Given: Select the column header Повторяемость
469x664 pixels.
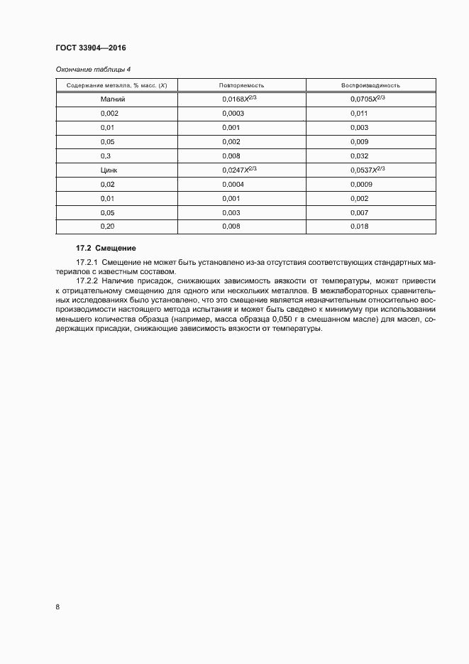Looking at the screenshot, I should tap(242, 85).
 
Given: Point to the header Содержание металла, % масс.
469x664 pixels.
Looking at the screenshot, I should tap(116, 85).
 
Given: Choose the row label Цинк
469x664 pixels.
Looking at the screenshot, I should tap(110, 170).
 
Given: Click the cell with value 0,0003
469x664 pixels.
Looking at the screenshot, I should tap(233, 114).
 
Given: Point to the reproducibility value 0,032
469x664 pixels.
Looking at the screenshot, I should tap(359, 156).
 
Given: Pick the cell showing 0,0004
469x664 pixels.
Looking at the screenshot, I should tap(233, 184).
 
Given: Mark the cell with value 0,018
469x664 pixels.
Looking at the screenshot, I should tap(359, 226).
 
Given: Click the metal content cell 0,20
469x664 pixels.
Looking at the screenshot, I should tap(108, 226).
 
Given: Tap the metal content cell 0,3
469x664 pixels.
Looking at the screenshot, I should tap(106, 156).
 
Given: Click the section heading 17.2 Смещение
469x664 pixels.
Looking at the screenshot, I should tap(106, 248).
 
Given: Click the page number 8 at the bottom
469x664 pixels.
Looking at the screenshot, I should tap(57, 607).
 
